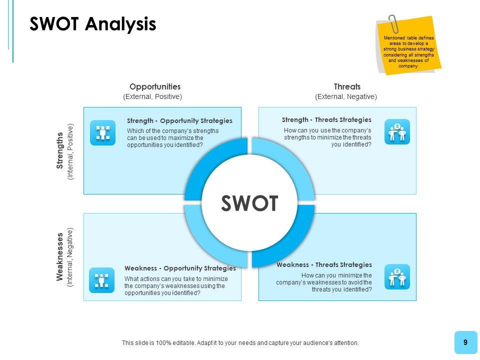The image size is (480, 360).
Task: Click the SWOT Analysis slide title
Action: (93, 24)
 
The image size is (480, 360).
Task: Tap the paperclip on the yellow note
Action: (394, 23)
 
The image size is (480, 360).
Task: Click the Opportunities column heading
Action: (155, 86)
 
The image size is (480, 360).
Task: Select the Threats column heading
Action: (347, 86)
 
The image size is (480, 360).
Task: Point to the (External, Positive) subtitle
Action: (152, 96)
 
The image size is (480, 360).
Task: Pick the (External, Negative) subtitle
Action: (346, 96)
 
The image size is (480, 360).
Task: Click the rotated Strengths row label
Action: (60, 150)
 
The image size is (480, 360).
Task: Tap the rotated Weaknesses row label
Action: (60, 256)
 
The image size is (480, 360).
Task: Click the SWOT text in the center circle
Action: (249, 203)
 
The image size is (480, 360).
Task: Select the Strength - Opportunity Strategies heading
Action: (179, 120)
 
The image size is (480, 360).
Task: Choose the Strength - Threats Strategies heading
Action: (326, 119)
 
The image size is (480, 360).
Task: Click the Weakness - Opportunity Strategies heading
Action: (180, 268)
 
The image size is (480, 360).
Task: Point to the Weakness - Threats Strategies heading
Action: (324, 264)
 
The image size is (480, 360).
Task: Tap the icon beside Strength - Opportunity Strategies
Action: (102, 132)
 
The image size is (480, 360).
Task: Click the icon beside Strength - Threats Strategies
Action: (397, 132)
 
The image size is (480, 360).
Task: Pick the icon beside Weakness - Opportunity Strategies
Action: (101, 280)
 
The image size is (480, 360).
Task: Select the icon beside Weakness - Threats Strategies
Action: (397, 277)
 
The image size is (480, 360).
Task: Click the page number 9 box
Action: (465, 342)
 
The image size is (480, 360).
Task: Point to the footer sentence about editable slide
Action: (240, 343)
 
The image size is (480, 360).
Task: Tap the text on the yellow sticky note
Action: (409, 52)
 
